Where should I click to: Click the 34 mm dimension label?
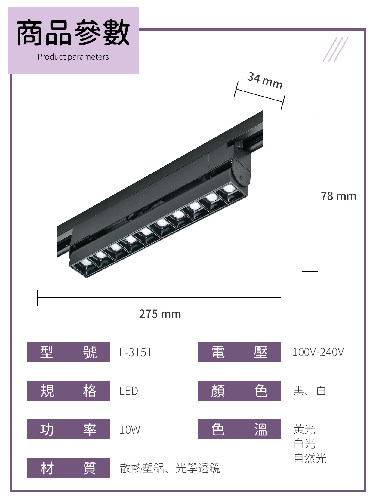[x=265, y=80]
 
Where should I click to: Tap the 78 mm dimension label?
[x=338, y=196]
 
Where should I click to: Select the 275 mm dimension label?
[x=160, y=314]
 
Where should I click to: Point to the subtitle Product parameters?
[x=73, y=57]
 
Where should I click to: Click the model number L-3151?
[x=136, y=352]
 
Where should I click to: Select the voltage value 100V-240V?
[x=318, y=352]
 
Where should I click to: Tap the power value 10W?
[x=130, y=429]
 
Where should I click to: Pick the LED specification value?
[x=129, y=391]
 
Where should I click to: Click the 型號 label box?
[x=69, y=352]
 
